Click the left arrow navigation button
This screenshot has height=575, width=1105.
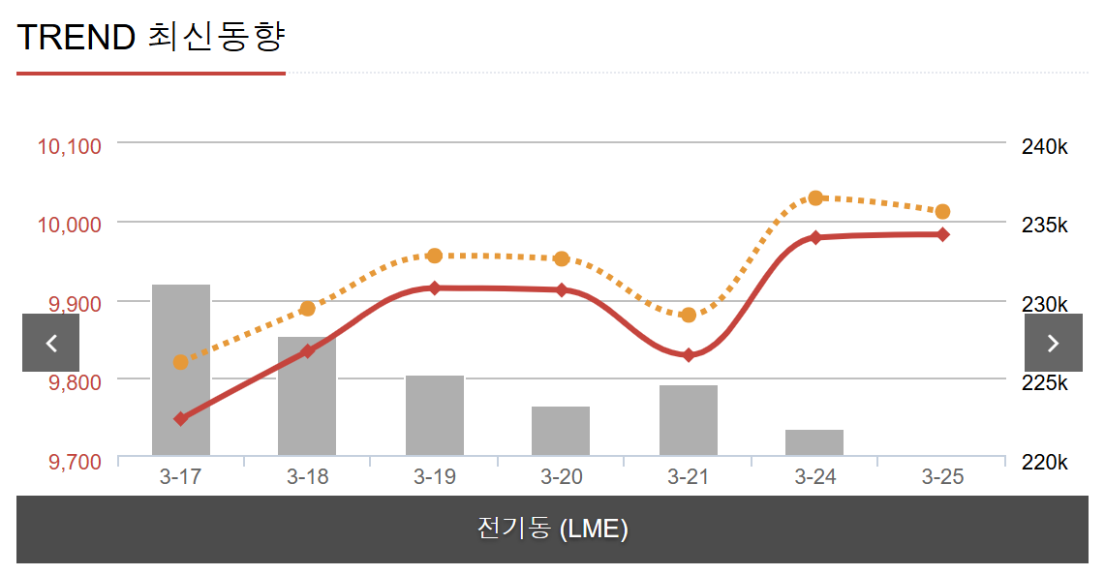click(x=50, y=343)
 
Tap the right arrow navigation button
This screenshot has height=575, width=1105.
click(x=1054, y=343)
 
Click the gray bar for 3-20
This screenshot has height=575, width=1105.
click(x=561, y=431)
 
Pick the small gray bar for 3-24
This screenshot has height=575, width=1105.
click(x=814, y=442)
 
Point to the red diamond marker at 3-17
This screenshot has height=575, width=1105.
click(x=180, y=419)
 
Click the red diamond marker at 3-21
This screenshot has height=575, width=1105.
click(x=689, y=355)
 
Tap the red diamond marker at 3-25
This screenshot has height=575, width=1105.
click(x=942, y=234)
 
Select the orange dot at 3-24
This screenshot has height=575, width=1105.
click(x=815, y=198)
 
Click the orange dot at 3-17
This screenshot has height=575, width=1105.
click(x=180, y=362)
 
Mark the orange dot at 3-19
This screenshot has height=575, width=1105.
click(x=435, y=256)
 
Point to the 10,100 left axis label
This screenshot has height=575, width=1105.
click(x=70, y=147)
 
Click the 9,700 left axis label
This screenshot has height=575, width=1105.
click(x=75, y=461)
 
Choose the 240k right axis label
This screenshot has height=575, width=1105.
click(x=1044, y=147)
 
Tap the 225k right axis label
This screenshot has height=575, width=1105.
click(x=1044, y=383)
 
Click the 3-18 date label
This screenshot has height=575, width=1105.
click(x=308, y=477)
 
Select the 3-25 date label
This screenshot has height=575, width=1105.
click(x=942, y=477)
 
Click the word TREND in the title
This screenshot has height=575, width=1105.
click(x=76, y=37)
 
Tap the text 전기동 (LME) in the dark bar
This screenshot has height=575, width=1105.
click(x=552, y=529)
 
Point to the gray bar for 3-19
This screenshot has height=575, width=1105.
click(x=435, y=415)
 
